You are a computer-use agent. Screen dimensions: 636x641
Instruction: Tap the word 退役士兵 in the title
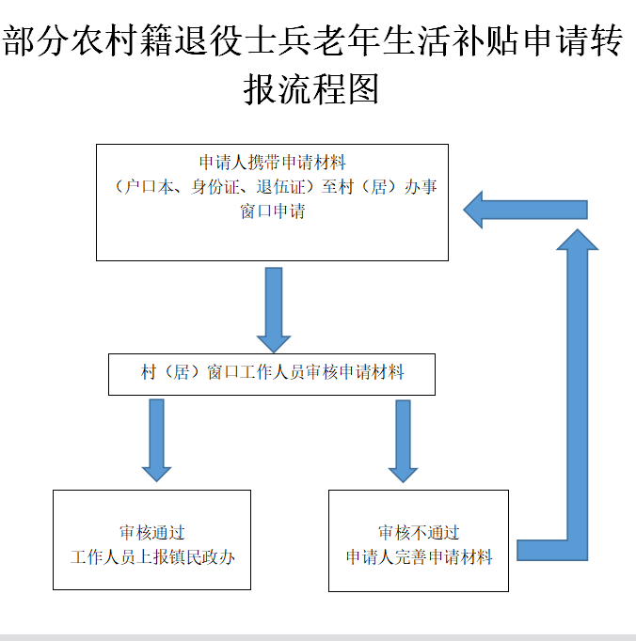243,40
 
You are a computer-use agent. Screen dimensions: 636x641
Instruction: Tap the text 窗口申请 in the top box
273,211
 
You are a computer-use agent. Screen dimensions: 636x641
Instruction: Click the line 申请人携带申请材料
273,163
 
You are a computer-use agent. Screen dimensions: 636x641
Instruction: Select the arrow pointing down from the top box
274,310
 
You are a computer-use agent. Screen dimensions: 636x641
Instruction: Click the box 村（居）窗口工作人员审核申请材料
272,374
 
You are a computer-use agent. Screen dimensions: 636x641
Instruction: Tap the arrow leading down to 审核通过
156,440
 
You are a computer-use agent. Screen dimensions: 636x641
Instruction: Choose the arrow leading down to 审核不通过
403,441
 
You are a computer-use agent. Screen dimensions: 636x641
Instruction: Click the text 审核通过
152,533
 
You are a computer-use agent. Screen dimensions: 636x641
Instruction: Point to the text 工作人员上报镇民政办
152,556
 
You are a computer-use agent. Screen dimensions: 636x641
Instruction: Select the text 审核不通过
419,533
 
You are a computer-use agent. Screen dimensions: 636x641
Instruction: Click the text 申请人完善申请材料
419,556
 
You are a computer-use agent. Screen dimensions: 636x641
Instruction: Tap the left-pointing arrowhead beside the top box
473,210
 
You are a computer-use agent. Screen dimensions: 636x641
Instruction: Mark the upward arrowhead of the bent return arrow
578,240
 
